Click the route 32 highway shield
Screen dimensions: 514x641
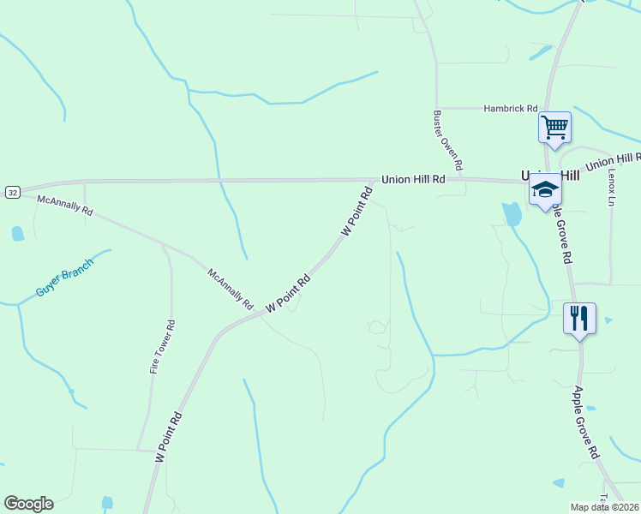[x=11, y=192]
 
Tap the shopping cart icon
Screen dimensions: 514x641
[x=554, y=128]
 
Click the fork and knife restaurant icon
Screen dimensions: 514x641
[x=579, y=318]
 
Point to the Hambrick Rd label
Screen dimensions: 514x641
[x=510, y=109]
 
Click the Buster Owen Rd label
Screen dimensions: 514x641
[x=448, y=140]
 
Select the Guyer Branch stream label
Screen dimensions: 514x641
[x=63, y=278]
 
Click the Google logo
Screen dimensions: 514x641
[x=28, y=504]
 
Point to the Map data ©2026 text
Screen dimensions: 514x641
[x=605, y=507]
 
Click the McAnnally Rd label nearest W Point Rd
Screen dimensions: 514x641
[x=231, y=289]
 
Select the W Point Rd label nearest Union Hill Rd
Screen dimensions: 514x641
[x=357, y=213]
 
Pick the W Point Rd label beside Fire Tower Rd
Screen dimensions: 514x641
[x=169, y=438]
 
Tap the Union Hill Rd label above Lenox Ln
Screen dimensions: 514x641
[x=614, y=160]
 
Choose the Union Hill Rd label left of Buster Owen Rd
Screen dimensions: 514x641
[x=414, y=179]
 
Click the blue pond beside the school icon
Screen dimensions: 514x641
[x=512, y=213]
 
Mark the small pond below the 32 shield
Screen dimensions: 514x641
[x=18, y=233]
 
